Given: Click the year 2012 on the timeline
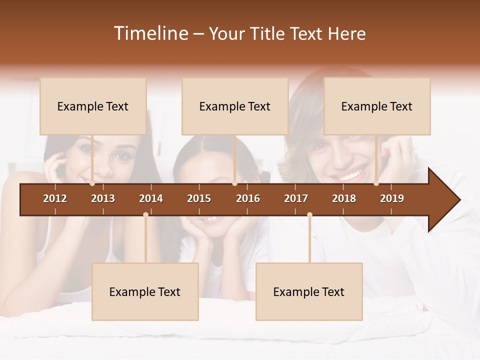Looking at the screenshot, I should [55, 198].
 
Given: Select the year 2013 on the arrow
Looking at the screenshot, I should [103, 198].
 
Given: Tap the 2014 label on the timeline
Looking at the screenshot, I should [151, 198].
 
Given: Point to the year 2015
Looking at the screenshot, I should [199, 198].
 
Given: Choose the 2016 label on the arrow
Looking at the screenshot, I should [248, 198].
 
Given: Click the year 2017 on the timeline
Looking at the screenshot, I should [296, 198].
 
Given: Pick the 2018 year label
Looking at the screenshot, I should [344, 198].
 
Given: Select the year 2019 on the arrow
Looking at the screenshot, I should [392, 198].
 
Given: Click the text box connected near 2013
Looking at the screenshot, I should [93, 106].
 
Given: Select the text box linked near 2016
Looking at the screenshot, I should [235, 106].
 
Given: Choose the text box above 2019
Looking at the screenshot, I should [377, 106].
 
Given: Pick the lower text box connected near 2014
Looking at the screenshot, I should [145, 291].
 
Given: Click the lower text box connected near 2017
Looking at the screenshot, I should [309, 291].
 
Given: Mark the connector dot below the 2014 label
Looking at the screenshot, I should [145, 215].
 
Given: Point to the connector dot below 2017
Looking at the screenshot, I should [309, 215].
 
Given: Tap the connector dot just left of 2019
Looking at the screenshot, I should [376, 183].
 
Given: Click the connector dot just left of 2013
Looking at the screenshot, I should [92, 183].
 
